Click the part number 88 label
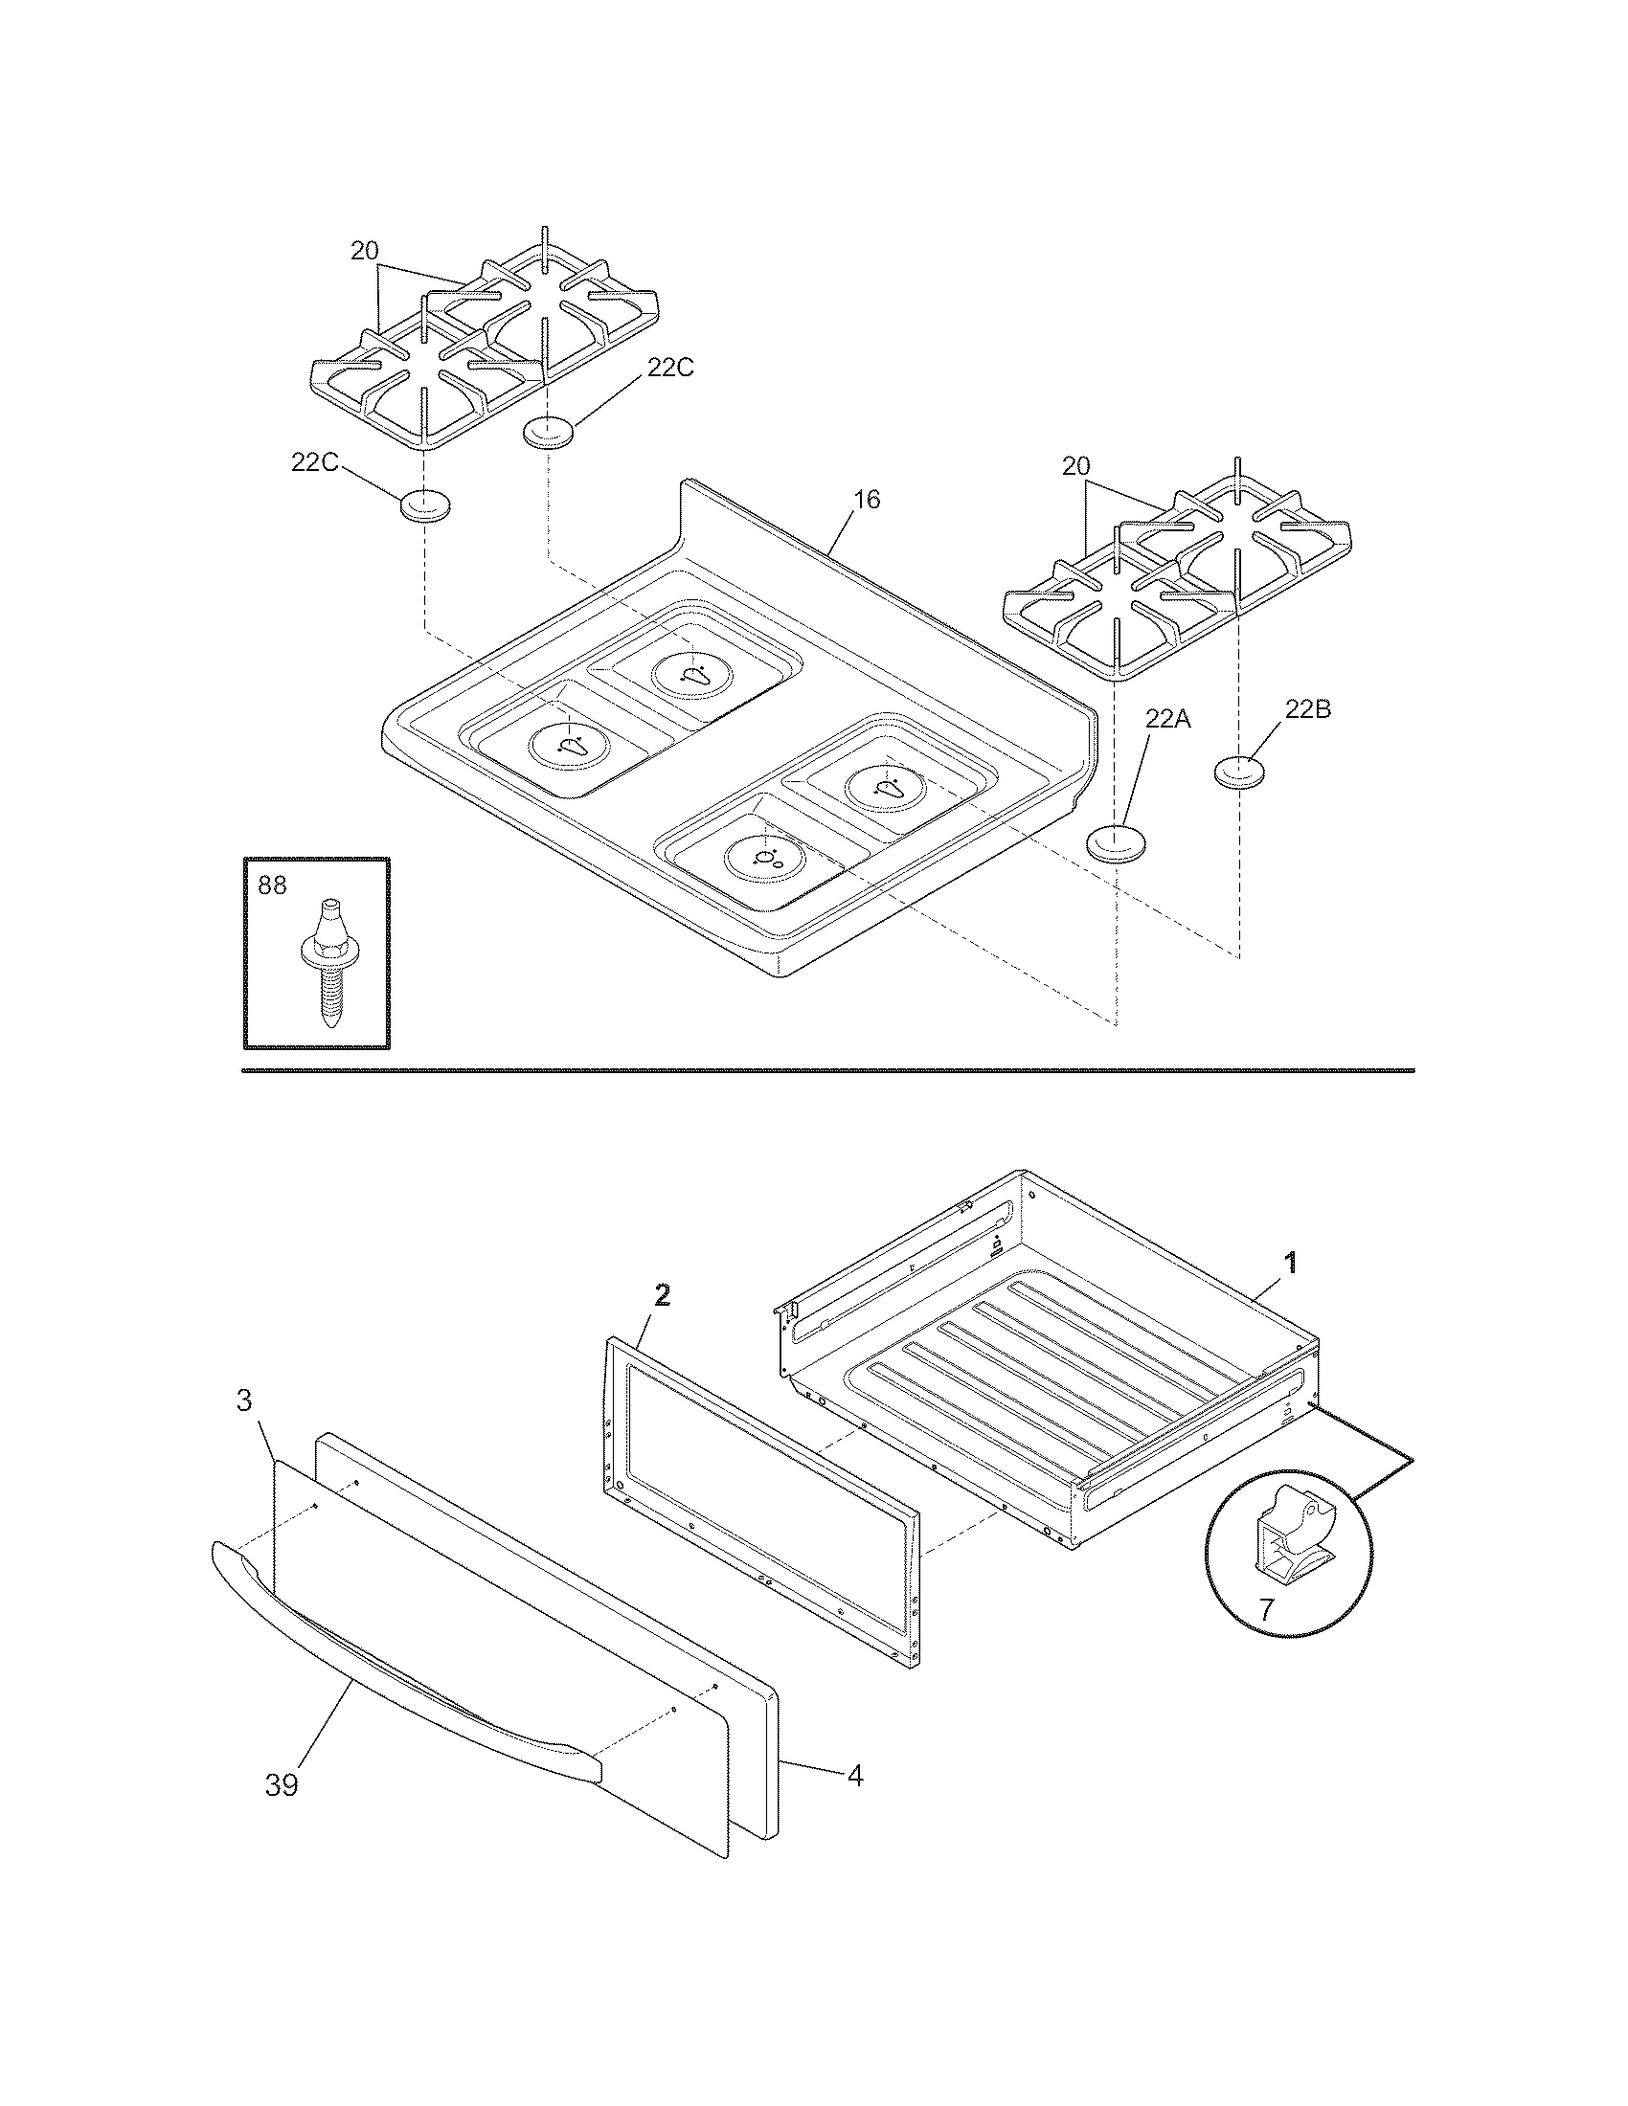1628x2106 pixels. tap(273, 885)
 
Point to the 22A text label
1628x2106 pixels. tap(1168, 718)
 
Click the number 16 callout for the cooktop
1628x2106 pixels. tap(866, 500)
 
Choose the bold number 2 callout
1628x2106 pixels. tap(662, 1297)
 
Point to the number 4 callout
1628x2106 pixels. tap(854, 1775)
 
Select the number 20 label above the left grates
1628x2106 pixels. tap(364, 252)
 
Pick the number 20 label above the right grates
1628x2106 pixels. tap(1075, 466)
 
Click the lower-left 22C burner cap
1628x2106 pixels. tap(425, 505)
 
